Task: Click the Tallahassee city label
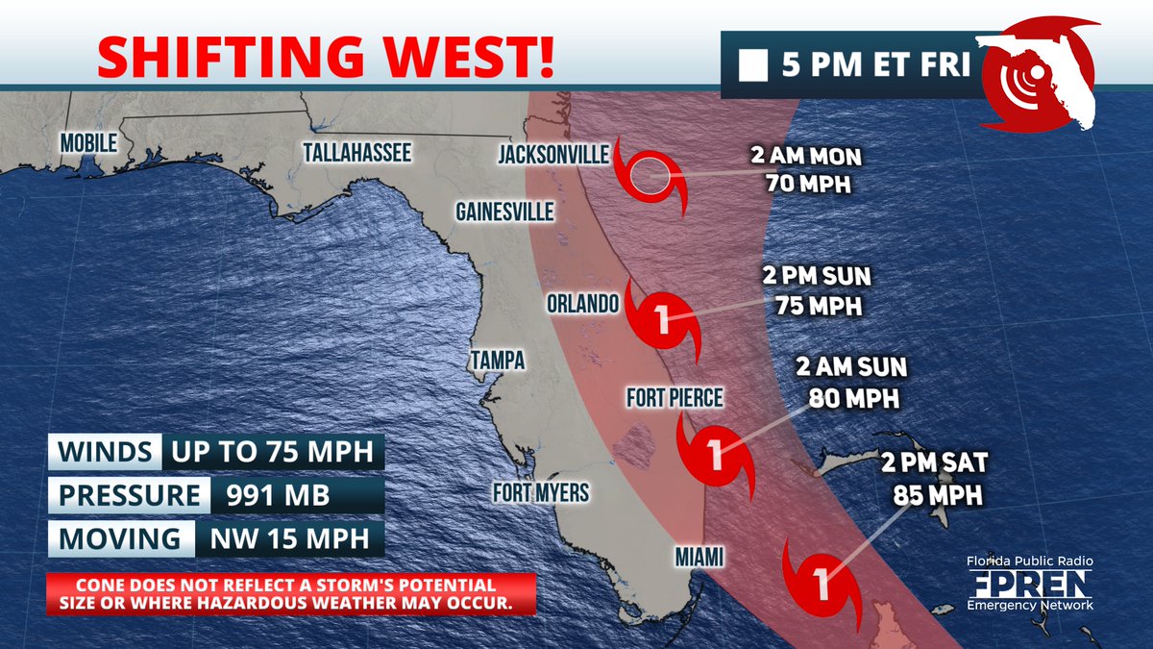click(x=356, y=153)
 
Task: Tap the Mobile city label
click(x=88, y=142)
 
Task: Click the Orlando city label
click(x=580, y=304)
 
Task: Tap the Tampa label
click(x=497, y=361)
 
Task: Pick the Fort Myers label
click(x=541, y=493)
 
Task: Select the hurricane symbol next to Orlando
click(x=661, y=318)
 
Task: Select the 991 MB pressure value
click(x=278, y=496)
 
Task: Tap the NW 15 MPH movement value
click(x=282, y=538)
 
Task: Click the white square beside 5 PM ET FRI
click(x=752, y=67)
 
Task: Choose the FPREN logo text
click(x=1029, y=583)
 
